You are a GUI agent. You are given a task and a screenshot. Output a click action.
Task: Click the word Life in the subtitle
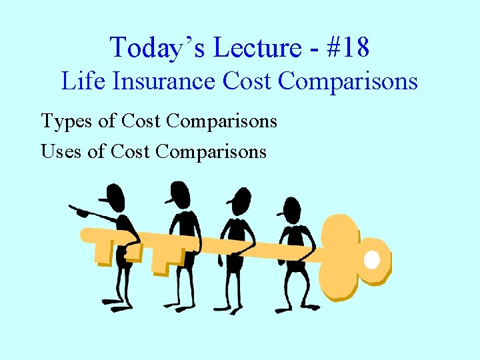[x=79, y=81]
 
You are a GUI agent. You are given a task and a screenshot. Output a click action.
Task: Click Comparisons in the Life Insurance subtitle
[x=347, y=81]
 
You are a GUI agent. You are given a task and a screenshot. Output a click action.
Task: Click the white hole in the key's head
[x=372, y=259]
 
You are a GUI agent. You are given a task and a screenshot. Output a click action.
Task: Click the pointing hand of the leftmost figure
[x=79, y=213]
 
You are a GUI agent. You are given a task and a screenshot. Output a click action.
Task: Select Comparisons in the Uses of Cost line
[x=211, y=151]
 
